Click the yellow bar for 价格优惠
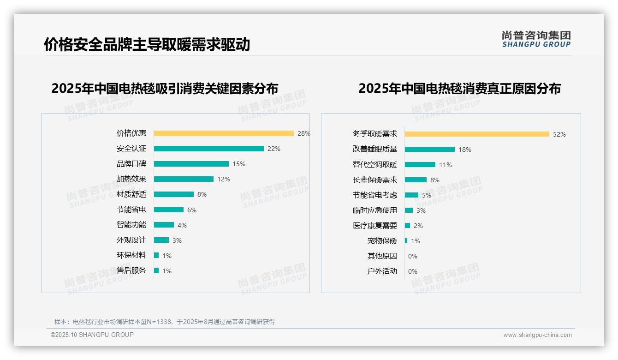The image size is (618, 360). (224, 133)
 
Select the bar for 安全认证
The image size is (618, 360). (208, 149)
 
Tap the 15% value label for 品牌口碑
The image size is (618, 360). (239, 164)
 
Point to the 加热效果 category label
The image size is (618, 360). (131, 179)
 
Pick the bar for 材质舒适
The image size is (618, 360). (174, 194)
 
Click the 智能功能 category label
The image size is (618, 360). (131, 225)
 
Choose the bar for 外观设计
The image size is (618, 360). (161, 240)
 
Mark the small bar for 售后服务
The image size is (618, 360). (156, 270)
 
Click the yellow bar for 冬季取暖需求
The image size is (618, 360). (477, 134)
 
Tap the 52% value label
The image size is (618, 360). (559, 134)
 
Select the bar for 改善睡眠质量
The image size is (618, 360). (430, 150)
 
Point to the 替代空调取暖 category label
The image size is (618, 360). (375, 165)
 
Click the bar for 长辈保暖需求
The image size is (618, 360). (416, 180)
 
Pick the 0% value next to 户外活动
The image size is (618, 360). (413, 271)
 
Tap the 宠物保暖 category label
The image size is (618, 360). (382, 241)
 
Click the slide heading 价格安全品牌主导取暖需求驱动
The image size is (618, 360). (147, 44)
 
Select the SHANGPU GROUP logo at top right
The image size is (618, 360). (536, 39)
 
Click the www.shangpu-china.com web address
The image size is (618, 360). (537, 335)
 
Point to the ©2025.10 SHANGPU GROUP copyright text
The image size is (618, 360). (92, 335)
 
